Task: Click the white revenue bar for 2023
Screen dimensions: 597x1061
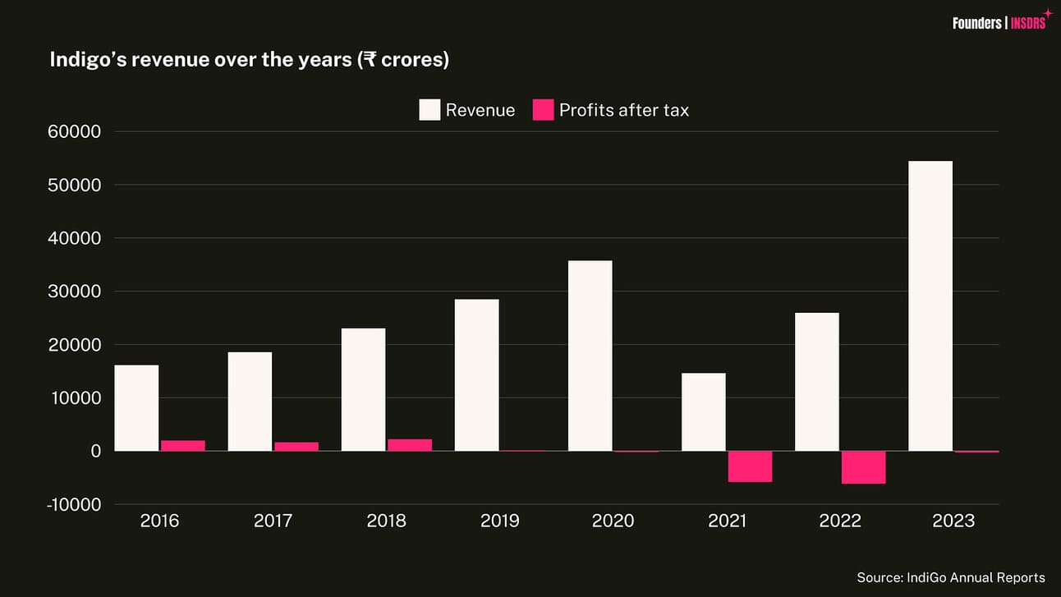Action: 930,305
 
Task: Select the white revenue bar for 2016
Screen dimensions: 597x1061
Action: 136,408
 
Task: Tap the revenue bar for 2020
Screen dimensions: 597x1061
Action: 590,356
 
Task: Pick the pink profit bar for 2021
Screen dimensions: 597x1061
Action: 750,466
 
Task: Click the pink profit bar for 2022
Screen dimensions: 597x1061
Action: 863,467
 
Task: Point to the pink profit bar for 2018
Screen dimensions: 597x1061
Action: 410,445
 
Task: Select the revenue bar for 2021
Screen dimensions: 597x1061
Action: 704,412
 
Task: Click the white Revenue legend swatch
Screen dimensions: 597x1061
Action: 429,110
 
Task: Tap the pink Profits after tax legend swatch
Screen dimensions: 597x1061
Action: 543,110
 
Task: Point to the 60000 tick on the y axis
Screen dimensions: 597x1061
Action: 75,132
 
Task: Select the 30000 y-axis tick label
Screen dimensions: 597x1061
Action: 75,292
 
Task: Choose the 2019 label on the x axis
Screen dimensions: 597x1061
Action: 499,521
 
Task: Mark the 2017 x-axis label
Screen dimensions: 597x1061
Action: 273,521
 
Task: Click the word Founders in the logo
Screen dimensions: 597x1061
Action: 976,23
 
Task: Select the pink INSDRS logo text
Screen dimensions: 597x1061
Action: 1028,23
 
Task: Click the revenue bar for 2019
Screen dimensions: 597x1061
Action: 476,375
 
